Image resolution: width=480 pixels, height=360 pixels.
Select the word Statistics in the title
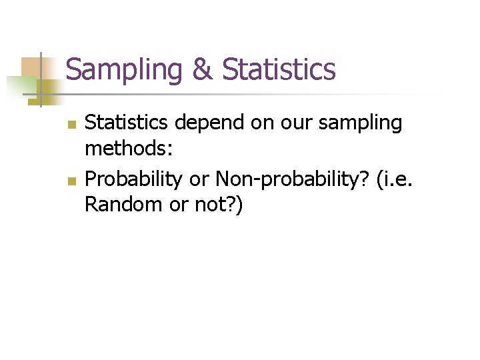[279, 69]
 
